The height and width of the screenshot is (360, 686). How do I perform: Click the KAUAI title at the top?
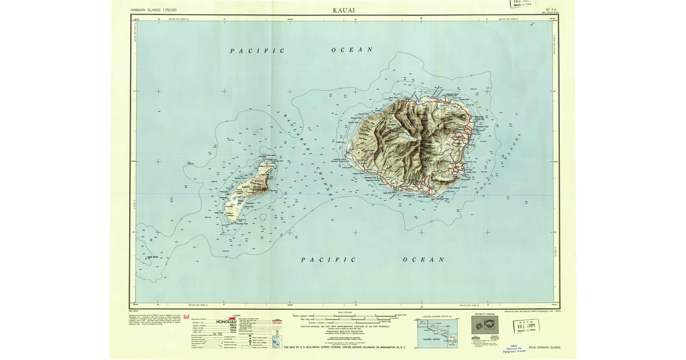coord(343,10)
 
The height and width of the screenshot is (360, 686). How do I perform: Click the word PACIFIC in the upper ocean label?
coord(257,51)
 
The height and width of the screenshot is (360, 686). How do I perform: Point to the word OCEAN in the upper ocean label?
coord(352,50)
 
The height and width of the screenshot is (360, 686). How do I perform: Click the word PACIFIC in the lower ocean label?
coord(328,259)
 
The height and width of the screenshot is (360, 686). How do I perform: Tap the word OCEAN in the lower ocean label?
coord(424,259)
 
